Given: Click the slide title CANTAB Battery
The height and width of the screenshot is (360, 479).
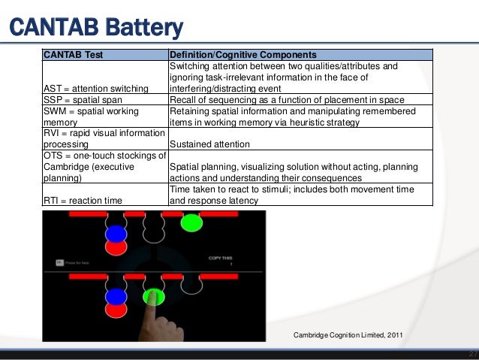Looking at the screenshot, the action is pyautogui.click(x=95, y=28).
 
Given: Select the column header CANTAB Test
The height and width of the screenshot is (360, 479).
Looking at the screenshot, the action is pyautogui.click(x=73, y=55).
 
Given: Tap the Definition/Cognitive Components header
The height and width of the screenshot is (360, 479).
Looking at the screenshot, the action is pyautogui.click(x=243, y=55).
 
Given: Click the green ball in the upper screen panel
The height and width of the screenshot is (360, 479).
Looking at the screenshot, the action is pyautogui.click(x=191, y=222).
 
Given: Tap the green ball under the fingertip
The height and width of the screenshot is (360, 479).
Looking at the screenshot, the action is pyautogui.click(x=154, y=295).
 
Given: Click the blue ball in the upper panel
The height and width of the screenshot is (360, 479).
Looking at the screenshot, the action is pyautogui.click(x=116, y=233).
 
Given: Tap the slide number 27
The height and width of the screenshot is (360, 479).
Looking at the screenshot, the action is pyautogui.click(x=471, y=354).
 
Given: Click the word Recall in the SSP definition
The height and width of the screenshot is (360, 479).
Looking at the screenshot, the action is pyautogui.click(x=183, y=100).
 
